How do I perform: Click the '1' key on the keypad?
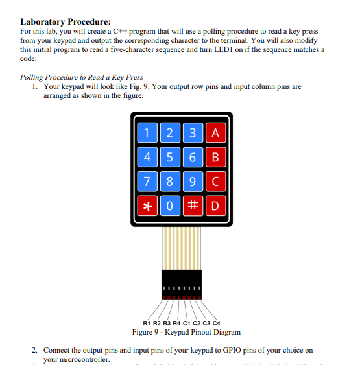click(147, 134)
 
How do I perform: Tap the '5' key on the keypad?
click(170, 157)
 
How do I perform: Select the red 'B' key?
click(215, 157)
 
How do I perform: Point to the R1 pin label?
click(147, 322)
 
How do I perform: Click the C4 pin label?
click(217, 322)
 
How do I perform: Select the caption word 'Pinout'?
click(189, 332)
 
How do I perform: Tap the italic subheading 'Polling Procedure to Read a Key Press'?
click(82, 77)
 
